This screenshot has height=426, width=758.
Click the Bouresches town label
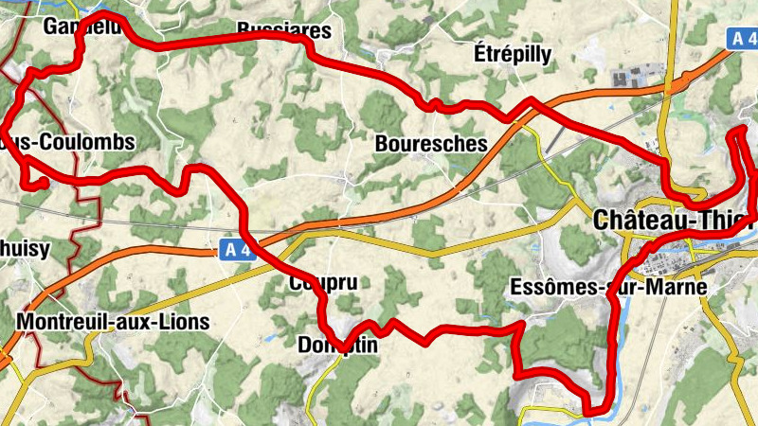[431, 145]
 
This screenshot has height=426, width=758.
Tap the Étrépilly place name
[512, 54]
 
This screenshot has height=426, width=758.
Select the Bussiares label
[284, 30]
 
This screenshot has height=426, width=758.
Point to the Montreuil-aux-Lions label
[113, 321]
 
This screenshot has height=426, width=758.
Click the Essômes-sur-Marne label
[607, 287]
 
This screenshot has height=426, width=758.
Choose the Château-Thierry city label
[674, 221]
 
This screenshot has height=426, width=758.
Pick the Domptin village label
[337, 346]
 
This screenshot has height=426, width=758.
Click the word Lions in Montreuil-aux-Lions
[185, 321]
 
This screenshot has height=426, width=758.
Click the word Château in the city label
[637, 221]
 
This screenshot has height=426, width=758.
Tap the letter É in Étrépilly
[478, 54]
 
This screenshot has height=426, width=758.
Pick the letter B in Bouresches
[381, 145]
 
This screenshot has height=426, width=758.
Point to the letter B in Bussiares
[244, 30]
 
